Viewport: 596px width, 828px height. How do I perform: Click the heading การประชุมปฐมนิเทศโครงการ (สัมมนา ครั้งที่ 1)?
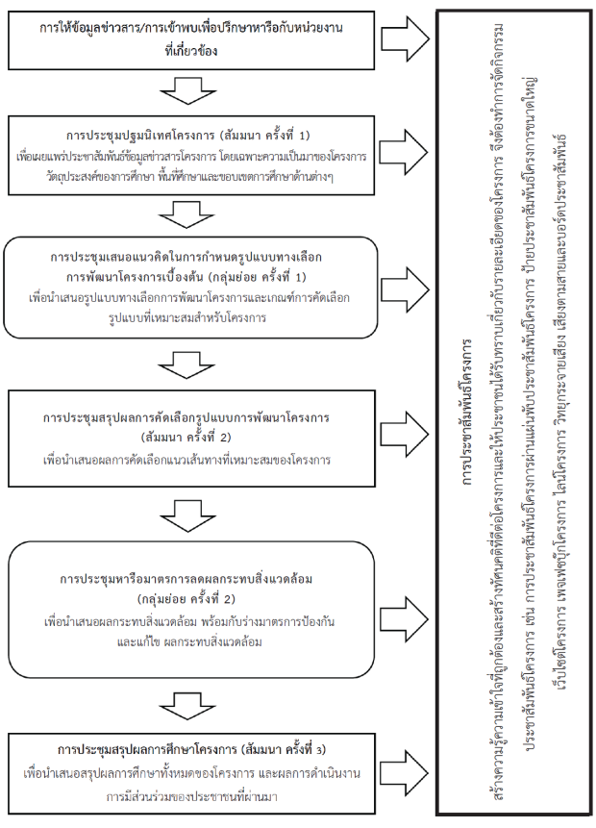(187, 136)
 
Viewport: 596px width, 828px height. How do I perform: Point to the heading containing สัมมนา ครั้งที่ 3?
(191, 749)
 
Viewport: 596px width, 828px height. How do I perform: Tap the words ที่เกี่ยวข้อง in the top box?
(190, 51)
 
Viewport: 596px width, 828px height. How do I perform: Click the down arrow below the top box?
(187, 89)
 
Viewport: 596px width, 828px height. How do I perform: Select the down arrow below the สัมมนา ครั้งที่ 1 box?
(186, 214)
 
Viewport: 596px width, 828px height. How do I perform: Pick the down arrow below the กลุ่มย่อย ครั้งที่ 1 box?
(186, 364)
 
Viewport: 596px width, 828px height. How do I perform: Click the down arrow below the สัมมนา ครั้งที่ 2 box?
(187, 515)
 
